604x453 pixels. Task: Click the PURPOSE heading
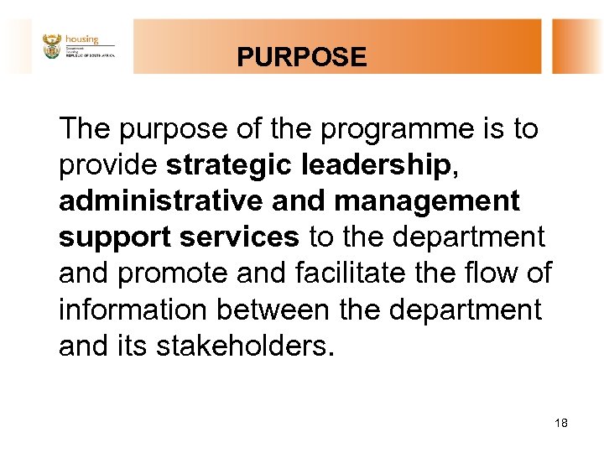301,57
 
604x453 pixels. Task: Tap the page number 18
561,423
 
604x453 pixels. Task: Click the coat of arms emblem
52,46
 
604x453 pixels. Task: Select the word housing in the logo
81,39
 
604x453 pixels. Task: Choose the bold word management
426,202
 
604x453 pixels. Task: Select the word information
133,310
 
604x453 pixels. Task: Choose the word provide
107,166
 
